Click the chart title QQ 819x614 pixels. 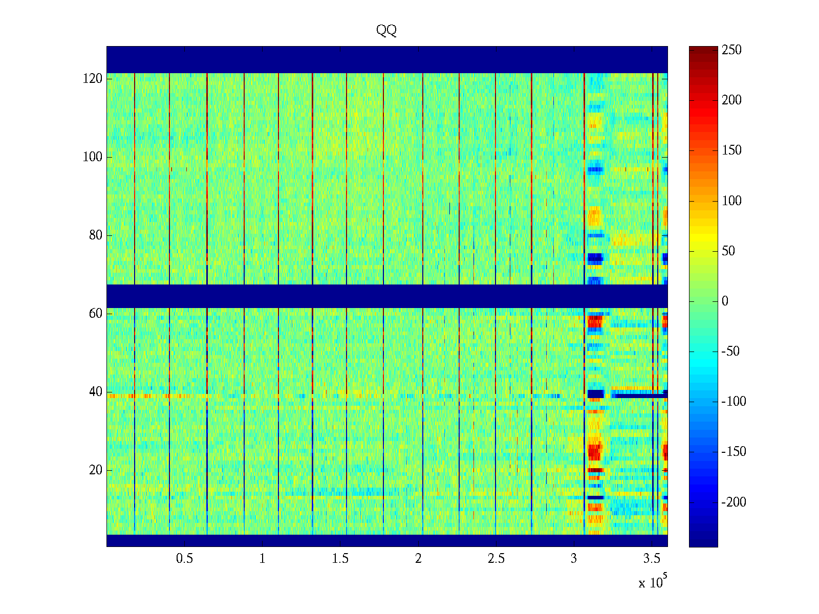coord(386,31)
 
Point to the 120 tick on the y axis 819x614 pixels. coord(93,79)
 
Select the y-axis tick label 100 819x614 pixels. coord(93,157)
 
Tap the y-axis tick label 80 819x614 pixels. coord(96,235)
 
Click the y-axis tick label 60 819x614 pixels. coord(96,314)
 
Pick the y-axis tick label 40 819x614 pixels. coord(96,392)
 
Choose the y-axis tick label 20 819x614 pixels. coord(96,470)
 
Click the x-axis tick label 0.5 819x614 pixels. coord(184,559)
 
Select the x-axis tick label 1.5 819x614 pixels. coord(340,559)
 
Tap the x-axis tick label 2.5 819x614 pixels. coord(496,559)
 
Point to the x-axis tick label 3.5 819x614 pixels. coord(652,559)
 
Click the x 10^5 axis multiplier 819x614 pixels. coord(652,582)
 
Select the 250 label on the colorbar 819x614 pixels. coord(731,50)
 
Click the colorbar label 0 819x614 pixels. coord(725,301)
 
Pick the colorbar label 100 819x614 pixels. coord(731,201)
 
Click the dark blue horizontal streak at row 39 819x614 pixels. coord(640,394)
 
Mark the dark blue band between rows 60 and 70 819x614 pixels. coord(386,296)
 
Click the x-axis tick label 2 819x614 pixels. coord(418,559)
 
